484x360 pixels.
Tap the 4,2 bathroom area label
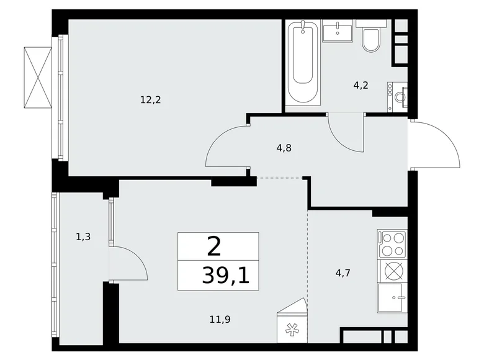tap(361, 86)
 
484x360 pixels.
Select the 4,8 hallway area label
tap(284, 148)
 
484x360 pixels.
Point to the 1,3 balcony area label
tap(83, 236)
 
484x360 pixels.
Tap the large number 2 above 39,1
tap(213, 247)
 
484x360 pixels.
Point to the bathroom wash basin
tap(339, 30)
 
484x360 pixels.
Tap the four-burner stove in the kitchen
tap(392, 243)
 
